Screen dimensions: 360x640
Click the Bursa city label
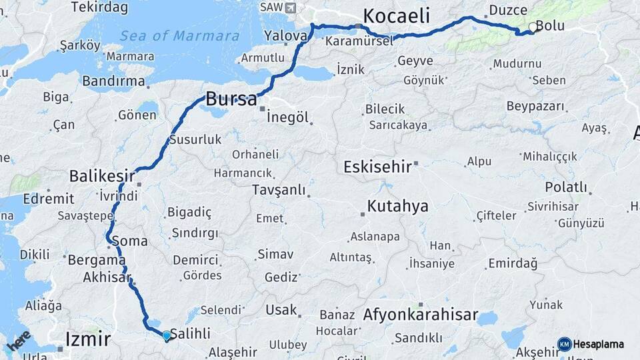[x=231, y=99]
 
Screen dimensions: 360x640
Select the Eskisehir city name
[x=377, y=166]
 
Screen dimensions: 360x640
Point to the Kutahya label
[x=397, y=206]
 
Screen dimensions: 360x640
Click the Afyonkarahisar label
[x=421, y=315]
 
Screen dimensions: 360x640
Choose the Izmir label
[x=88, y=339]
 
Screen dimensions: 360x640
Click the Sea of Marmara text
[x=180, y=35]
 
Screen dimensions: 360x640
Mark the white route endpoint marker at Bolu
[x=532, y=27]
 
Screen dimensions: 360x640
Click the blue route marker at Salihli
[x=166, y=335]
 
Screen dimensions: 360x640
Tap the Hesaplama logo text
[x=599, y=345]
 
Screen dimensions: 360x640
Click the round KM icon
[x=564, y=345]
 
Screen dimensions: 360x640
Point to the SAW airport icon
[x=289, y=7]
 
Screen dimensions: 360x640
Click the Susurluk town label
[x=195, y=140]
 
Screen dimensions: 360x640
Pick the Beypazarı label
[x=535, y=106]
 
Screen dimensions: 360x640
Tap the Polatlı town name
[x=566, y=187]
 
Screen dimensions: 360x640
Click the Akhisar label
[x=106, y=277]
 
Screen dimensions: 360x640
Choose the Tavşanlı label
[x=279, y=190]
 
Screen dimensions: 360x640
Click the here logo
[x=19, y=341]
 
